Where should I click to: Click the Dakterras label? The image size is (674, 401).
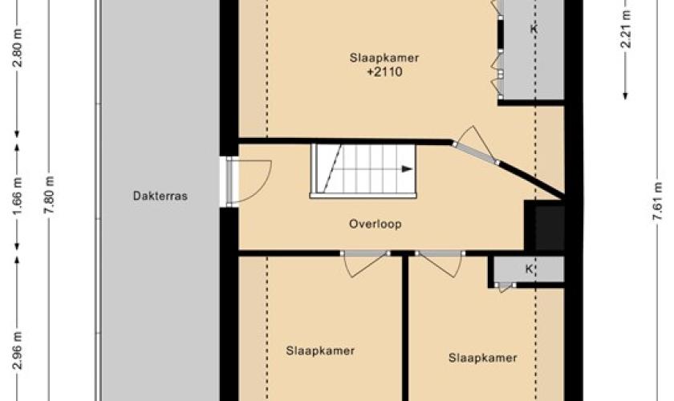pos(160,196)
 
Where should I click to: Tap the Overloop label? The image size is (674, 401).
pos(376,224)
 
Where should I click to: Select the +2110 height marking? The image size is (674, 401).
pos(384,71)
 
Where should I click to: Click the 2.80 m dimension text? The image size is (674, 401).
pos(18,48)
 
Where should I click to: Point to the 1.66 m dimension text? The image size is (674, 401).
pos(18,196)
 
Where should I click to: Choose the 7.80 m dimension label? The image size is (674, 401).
pos(49,196)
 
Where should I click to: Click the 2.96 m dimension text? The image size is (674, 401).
pos(18,350)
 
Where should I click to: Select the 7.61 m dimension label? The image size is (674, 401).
pos(657,201)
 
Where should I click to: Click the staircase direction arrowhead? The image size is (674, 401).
pos(407,169)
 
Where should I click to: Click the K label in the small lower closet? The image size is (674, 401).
pos(529,269)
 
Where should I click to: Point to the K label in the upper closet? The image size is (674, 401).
pos(534,29)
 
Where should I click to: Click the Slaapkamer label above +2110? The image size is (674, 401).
pos(384,58)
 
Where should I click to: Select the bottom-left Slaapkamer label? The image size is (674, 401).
pos(321,350)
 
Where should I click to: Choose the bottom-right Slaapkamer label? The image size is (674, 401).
pos(483,358)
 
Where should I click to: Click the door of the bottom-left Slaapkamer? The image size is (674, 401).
pos(365,262)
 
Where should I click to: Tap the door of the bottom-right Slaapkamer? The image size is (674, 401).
pos(440,262)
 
